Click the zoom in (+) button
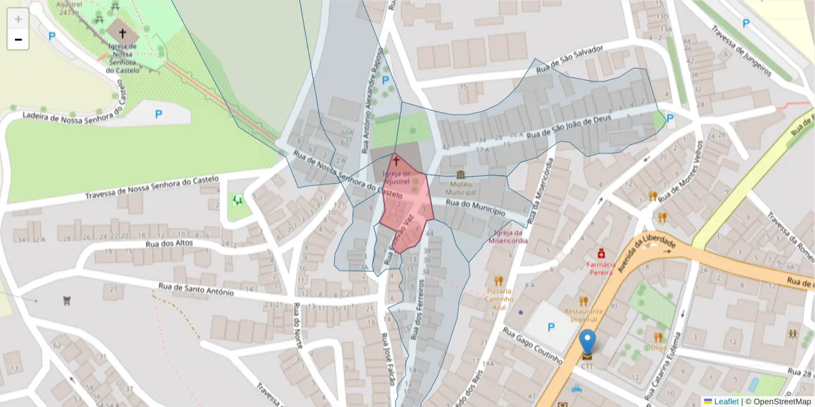[18, 19]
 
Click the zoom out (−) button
[18, 39]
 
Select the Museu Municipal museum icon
[461, 175]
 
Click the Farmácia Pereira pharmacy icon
[601, 253]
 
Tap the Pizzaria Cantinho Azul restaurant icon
[499, 280]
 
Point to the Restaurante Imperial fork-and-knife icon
[583, 301]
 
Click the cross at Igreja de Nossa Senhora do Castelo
[122, 33]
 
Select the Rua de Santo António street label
[196, 290]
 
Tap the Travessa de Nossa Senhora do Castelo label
[151, 189]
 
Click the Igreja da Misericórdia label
[507, 236]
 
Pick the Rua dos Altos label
[169, 244]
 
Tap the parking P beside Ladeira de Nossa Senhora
[158, 114]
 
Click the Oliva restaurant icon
[658, 337]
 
